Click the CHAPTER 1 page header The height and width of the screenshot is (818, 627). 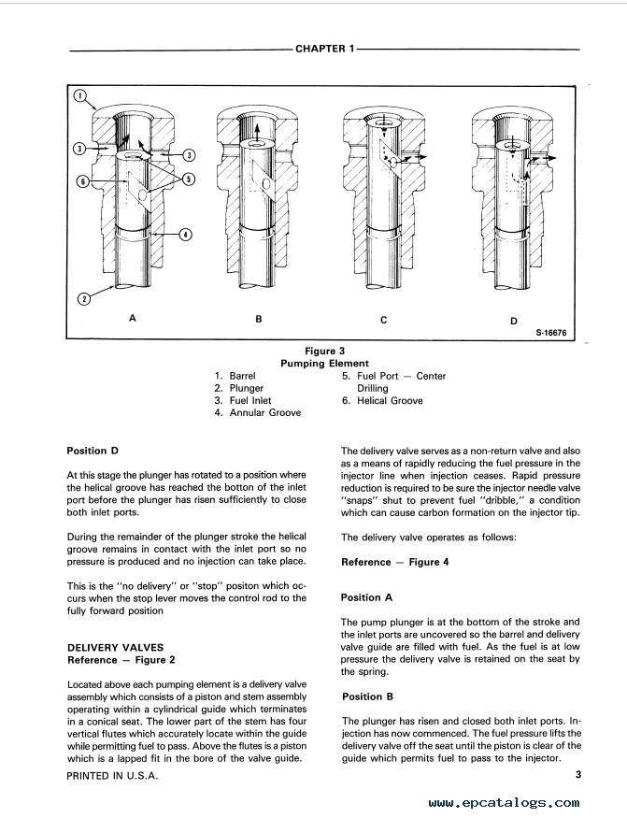[x=325, y=49]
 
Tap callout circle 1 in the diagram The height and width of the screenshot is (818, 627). [x=79, y=95]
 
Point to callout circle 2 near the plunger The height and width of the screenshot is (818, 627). [x=83, y=299]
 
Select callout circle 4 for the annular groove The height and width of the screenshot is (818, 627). [x=186, y=235]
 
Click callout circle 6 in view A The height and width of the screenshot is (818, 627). [x=82, y=181]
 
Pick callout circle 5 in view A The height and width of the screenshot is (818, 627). [x=189, y=179]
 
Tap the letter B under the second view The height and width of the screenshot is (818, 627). [x=259, y=319]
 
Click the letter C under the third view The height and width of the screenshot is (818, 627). [x=384, y=320]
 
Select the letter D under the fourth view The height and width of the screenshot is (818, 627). [x=514, y=321]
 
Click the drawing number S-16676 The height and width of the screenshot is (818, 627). [x=550, y=333]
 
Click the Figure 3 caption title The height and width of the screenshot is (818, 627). [x=324, y=352]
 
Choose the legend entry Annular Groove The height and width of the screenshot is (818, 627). [x=265, y=412]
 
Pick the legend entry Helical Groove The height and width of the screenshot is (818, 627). [x=390, y=401]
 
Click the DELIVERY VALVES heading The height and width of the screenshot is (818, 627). [x=115, y=648]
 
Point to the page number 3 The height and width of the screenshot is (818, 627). [x=578, y=774]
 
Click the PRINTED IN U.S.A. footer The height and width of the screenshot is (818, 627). [x=112, y=776]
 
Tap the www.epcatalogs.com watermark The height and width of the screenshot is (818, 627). [x=504, y=803]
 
